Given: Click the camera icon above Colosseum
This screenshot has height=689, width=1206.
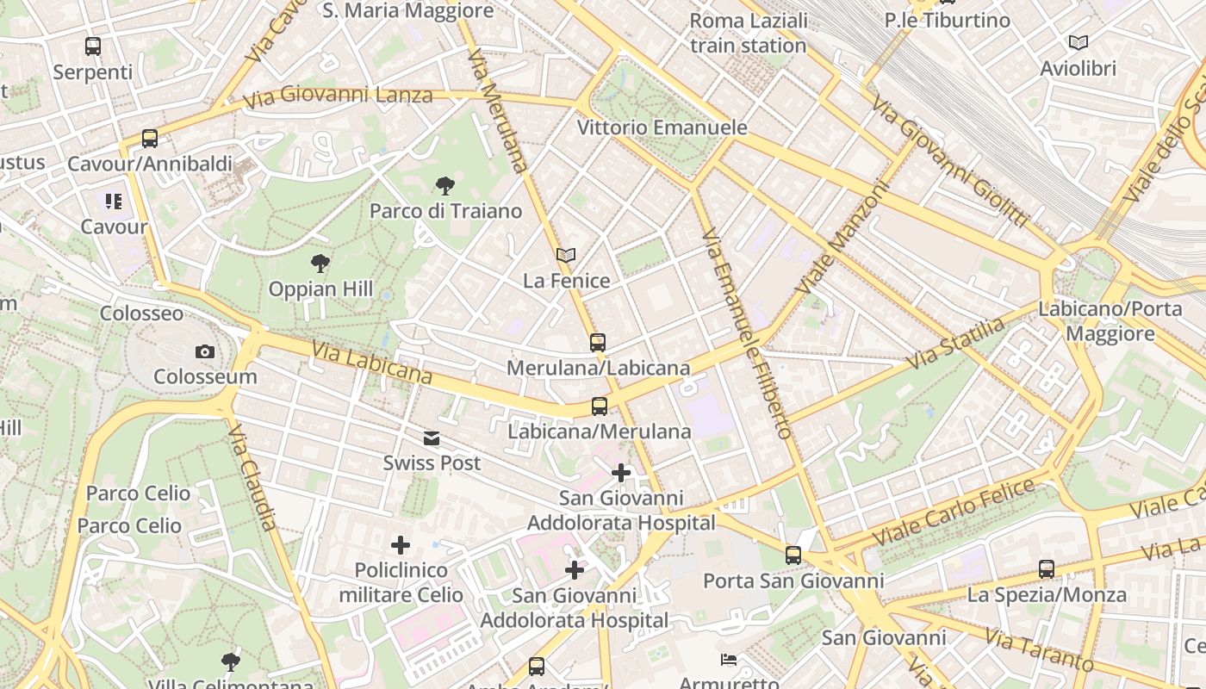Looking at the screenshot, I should [x=204, y=351].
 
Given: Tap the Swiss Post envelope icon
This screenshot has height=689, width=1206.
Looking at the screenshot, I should [x=432, y=439].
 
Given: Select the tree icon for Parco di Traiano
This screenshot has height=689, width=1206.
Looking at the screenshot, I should [x=444, y=185].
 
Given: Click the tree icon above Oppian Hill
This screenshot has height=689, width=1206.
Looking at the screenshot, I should [x=320, y=264].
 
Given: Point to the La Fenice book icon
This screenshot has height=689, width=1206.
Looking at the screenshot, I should [x=566, y=255].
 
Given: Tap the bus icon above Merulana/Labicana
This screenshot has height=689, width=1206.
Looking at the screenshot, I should [x=598, y=343].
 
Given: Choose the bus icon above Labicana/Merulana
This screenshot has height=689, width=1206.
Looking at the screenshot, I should [x=600, y=407].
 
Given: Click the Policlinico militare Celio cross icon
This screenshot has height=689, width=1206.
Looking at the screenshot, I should [x=401, y=545].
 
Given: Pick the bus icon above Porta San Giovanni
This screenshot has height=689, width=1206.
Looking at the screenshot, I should [x=793, y=556].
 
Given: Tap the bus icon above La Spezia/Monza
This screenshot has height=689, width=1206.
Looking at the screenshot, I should [x=1047, y=569].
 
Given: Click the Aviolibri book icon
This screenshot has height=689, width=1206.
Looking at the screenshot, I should [x=1078, y=42].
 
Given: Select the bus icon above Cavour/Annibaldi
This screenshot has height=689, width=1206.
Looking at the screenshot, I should [x=150, y=138].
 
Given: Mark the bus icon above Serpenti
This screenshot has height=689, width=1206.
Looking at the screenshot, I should [x=92, y=47].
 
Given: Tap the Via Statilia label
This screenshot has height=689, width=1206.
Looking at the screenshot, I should [x=957, y=344].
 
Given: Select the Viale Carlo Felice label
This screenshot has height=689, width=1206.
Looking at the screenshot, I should [x=953, y=512].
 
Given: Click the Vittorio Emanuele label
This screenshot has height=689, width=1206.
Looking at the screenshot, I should [x=662, y=127].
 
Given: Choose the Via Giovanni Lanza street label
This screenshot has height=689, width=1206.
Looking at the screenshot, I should [x=338, y=95].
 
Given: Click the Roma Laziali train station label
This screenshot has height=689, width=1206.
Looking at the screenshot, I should [x=749, y=33].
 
